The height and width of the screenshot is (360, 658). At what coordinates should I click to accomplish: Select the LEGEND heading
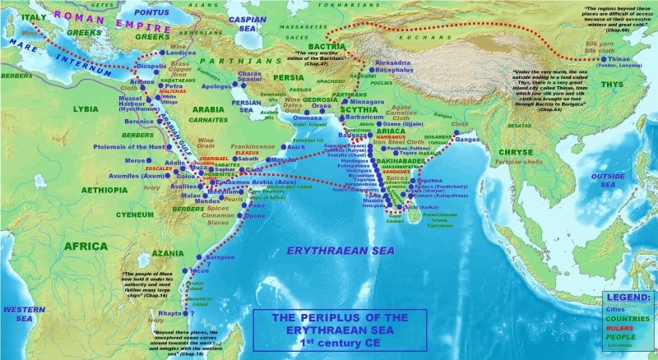628,297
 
